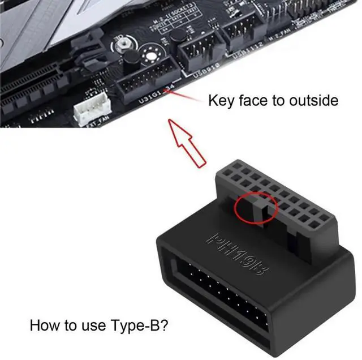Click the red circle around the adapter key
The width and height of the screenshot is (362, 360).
tap(255, 208)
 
